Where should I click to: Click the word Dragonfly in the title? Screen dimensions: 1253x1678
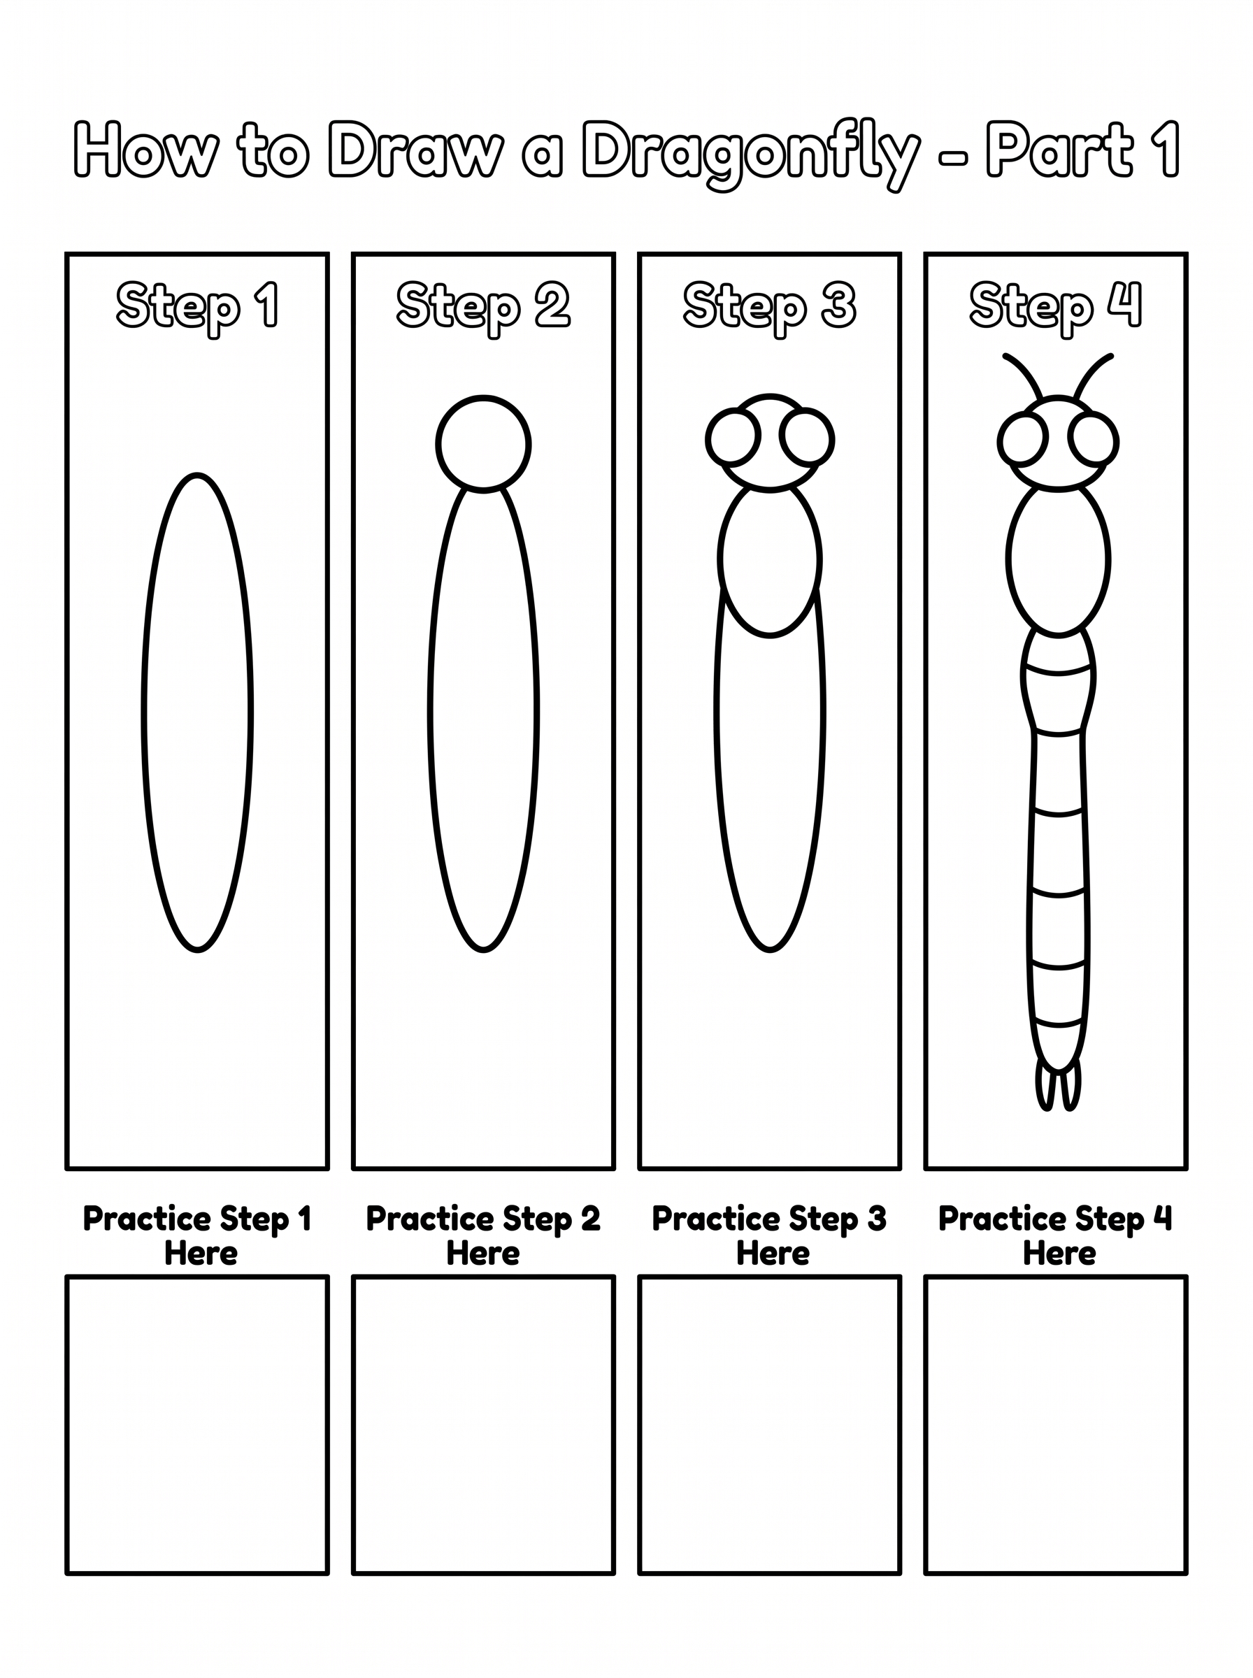pos(751,154)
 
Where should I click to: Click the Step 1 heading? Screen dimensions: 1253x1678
pos(197,307)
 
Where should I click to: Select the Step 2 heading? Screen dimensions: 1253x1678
pos(483,307)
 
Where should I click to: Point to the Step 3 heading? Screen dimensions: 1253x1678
pos(769,307)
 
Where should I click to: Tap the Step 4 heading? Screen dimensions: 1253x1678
pos(1056,307)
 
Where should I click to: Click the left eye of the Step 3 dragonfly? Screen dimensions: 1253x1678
pos(708,438)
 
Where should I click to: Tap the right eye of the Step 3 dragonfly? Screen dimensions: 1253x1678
pos(833,438)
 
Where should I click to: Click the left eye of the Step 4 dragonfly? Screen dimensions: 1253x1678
pos(1000,440)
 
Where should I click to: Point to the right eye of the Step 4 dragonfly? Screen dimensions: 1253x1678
pos(1117,440)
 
